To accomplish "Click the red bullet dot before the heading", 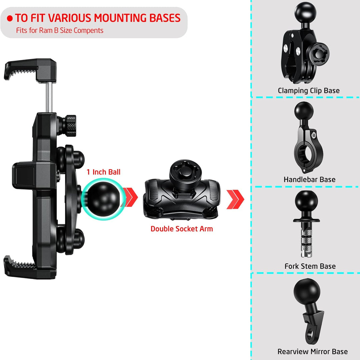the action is point(10,18).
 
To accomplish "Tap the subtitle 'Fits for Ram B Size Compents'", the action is point(60,31).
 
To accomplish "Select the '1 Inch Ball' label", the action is point(103,172).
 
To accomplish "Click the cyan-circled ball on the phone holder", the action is point(103,198).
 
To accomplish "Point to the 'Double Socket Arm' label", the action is point(181,229).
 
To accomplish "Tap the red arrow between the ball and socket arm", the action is point(130,197).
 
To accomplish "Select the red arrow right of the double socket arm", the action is point(235,199).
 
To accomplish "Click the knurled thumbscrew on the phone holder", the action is point(70,126).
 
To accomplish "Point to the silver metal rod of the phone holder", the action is point(49,97).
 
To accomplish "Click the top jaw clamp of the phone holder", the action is point(31,70).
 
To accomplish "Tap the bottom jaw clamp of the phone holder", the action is point(30,267).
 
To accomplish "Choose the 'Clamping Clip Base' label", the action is point(309,91).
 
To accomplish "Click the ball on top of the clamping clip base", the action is point(305,13).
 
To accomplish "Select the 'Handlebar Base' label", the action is point(309,180).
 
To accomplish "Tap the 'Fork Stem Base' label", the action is point(310,266).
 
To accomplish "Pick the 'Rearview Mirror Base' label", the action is point(312,351).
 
